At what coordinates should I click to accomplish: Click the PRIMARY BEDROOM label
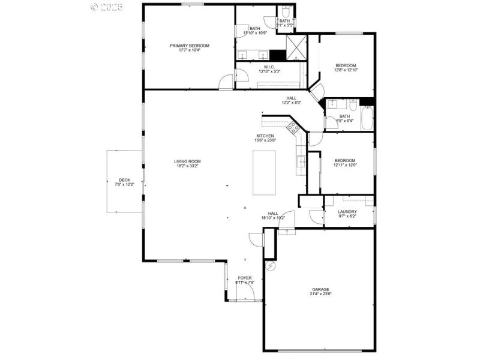(189, 46)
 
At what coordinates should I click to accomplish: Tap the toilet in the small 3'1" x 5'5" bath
(286, 12)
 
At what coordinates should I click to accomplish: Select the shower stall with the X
(296, 48)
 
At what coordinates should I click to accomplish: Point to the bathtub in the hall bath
(368, 116)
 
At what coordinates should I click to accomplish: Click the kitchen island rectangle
(264, 173)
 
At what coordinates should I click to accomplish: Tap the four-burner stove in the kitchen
(294, 127)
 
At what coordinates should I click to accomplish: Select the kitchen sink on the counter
(302, 160)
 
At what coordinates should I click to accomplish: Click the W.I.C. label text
(269, 67)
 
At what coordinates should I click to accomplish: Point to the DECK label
(124, 180)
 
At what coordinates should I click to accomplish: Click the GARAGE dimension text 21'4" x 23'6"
(320, 294)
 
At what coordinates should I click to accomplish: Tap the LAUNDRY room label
(347, 211)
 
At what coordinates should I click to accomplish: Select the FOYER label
(245, 278)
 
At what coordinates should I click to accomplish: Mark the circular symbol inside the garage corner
(271, 265)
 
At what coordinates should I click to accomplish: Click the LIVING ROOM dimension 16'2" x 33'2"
(187, 166)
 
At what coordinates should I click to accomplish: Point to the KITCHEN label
(266, 136)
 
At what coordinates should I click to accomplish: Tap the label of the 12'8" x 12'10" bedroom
(346, 65)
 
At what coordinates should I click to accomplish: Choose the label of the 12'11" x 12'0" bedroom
(345, 160)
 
